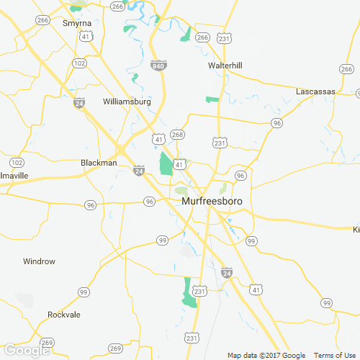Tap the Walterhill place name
tap(225, 66)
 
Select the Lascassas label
tap(317, 91)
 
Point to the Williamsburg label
tap(127, 102)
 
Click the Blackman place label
tap(99, 163)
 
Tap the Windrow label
tap(39, 261)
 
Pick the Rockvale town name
tap(64, 315)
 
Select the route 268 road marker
tap(178, 135)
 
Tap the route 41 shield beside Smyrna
tap(86, 35)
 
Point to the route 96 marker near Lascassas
tap(276, 124)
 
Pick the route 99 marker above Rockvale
tap(84, 292)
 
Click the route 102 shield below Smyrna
tap(80, 63)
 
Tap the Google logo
tap(26, 350)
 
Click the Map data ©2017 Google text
tap(266, 355)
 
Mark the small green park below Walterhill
tap(212, 99)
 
